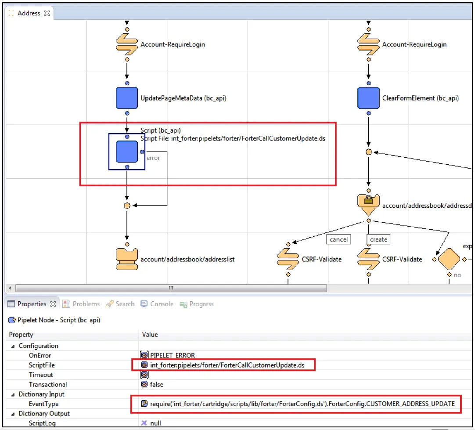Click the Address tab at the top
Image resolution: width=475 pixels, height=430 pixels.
point(29,13)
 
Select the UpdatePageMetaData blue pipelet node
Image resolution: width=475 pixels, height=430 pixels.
point(126,98)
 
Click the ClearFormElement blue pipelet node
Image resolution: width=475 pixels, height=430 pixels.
point(368,98)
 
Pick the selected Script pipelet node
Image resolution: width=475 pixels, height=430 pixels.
point(126,152)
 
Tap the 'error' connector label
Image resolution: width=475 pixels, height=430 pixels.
point(153,158)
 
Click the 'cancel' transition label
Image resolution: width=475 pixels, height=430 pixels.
point(338,239)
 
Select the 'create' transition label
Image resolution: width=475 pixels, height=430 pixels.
point(378,239)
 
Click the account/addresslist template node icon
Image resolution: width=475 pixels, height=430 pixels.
point(126,259)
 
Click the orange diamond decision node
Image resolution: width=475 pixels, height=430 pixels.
point(449,259)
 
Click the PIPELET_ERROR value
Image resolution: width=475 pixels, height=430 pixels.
point(173,355)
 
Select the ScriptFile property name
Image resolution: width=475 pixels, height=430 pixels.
point(42,365)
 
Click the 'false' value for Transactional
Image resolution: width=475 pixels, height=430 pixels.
point(157,385)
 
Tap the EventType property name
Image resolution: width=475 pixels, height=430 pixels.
point(43,404)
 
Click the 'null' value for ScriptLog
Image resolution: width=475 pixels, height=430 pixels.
point(155,423)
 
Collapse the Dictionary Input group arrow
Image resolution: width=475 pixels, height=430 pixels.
point(13,394)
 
